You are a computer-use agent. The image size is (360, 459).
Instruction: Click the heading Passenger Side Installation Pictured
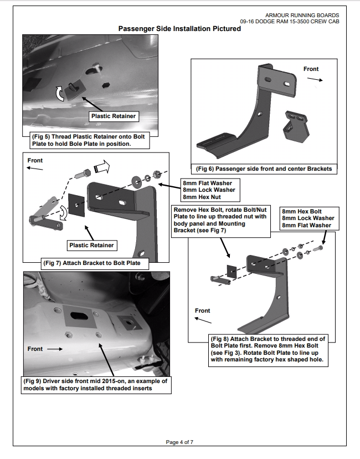[180, 28]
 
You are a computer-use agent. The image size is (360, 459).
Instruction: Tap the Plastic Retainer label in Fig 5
[113, 116]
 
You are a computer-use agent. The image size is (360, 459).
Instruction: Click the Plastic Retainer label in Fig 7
[91, 245]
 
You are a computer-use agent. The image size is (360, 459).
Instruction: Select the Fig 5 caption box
[89, 141]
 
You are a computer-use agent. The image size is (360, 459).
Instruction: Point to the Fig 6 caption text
[264, 168]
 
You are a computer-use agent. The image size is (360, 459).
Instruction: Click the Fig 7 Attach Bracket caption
[95, 263]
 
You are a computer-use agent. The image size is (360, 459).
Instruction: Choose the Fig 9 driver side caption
[95, 385]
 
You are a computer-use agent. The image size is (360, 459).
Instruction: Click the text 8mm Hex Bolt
[301, 212]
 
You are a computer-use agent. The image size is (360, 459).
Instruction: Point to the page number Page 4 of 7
[180, 442]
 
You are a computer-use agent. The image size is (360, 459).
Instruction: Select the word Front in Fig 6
[311, 69]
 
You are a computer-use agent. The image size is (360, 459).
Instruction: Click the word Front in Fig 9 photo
[35, 349]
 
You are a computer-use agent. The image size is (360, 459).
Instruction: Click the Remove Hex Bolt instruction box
[224, 221]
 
